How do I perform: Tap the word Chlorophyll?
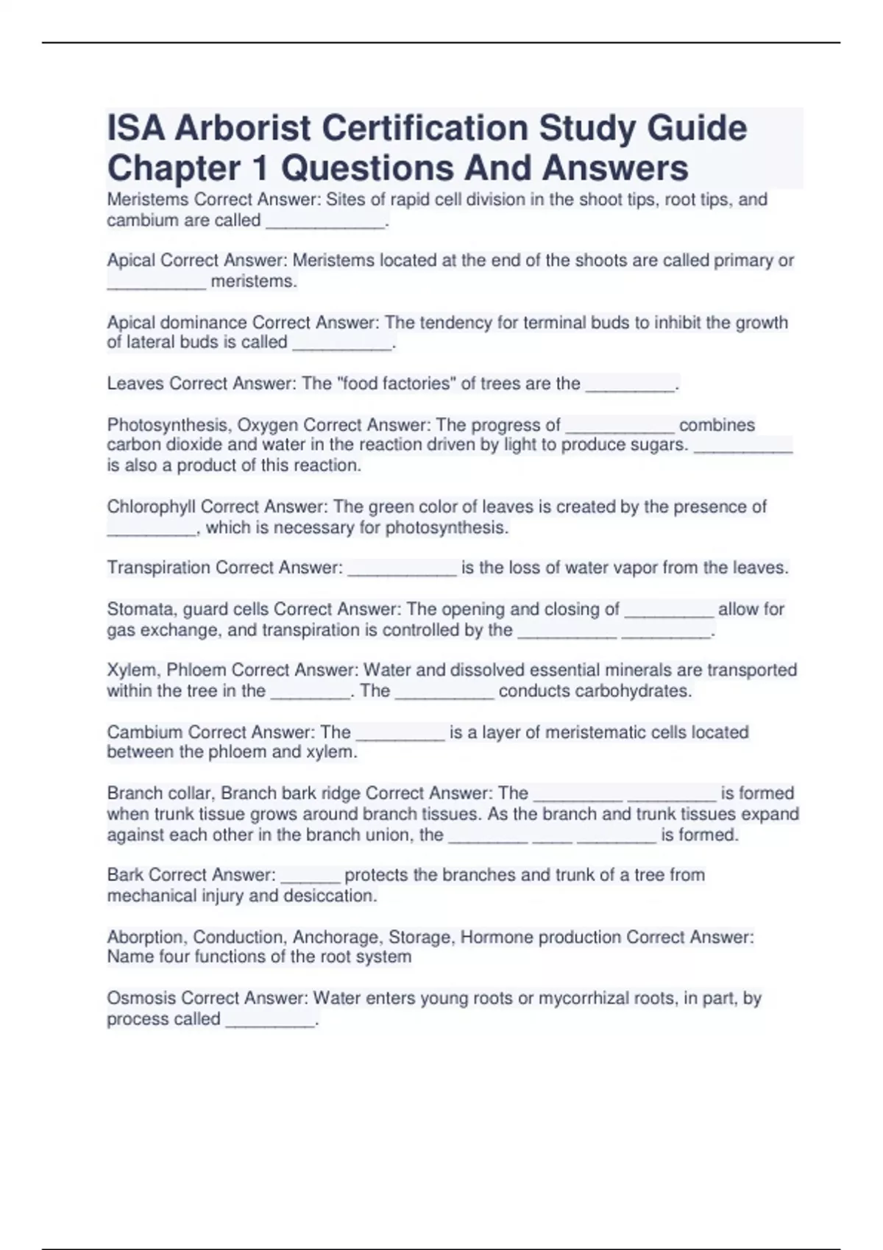pos(151,507)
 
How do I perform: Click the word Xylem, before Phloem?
pos(133,671)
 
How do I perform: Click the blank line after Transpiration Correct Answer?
pos(402,572)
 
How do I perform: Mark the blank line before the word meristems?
pos(156,286)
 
